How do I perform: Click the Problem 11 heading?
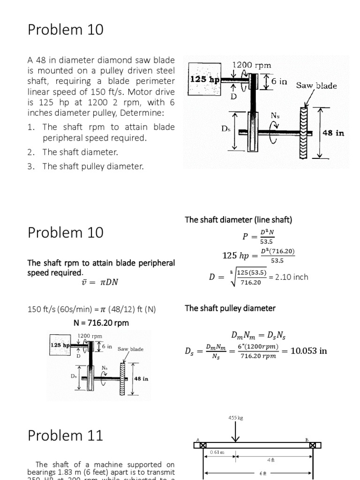(x=65, y=435)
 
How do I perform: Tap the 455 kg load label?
(x=235, y=417)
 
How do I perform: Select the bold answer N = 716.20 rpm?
(x=101, y=322)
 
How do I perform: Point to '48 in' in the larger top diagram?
(x=333, y=133)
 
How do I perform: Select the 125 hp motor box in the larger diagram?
(x=204, y=80)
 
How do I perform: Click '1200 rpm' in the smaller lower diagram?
(x=90, y=336)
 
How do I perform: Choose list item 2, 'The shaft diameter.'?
(x=79, y=152)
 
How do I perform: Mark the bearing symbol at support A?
(x=202, y=445)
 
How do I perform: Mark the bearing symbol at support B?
(x=313, y=445)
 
